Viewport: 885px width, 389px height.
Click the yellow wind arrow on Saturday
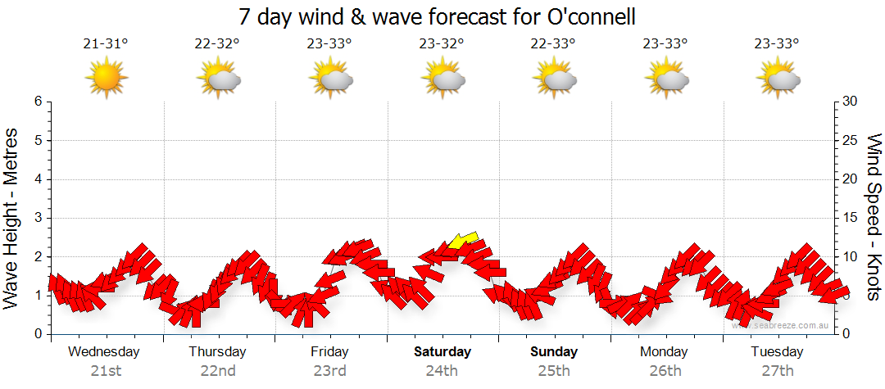463,240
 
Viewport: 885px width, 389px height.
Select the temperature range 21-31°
106,43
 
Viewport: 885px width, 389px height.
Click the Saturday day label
442,352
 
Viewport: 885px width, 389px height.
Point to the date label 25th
554,371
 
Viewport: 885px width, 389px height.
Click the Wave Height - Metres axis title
12,217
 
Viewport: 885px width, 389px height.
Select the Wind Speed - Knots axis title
873,217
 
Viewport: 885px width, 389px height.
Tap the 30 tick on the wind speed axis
851,102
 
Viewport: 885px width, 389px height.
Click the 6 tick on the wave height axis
38,102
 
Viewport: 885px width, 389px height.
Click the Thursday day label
217,352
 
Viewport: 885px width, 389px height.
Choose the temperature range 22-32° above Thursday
218,43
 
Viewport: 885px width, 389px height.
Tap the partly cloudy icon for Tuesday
778,79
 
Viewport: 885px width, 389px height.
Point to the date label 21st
106,371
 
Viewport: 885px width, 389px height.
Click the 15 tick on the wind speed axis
851,218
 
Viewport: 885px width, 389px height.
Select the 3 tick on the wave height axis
38,218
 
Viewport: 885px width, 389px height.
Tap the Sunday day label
554,352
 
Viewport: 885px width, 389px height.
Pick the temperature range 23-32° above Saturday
442,43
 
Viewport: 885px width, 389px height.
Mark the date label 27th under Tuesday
778,371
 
